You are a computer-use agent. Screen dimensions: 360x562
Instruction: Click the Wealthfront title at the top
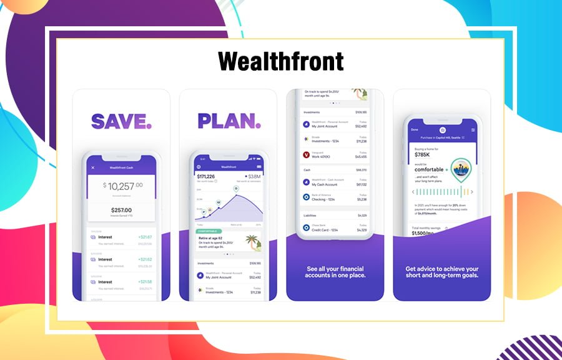click(x=281, y=61)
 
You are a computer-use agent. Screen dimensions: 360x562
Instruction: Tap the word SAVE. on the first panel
click(x=121, y=120)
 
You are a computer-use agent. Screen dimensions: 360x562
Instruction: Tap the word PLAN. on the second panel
click(x=229, y=120)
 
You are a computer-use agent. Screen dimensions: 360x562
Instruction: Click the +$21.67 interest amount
click(x=145, y=237)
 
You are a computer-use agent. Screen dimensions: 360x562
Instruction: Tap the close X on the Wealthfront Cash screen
click(x=93, y=167)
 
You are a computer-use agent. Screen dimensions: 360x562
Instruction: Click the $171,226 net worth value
click(x=206, y=177)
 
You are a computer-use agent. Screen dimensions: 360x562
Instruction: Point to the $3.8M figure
click(x=253, y=177)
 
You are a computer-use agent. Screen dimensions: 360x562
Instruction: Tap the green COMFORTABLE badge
click(x=209, y=231)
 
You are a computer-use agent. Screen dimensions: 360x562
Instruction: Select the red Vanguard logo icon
click(x=306, y=154)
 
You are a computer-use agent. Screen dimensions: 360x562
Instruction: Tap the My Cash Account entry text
click(x=325, y=184)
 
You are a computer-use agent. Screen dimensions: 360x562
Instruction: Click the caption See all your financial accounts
click(x=336, y=272)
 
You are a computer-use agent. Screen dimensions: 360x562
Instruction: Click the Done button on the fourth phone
click(x=414, y=130)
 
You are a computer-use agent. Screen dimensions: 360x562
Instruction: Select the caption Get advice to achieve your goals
click(x=442, y=272)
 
